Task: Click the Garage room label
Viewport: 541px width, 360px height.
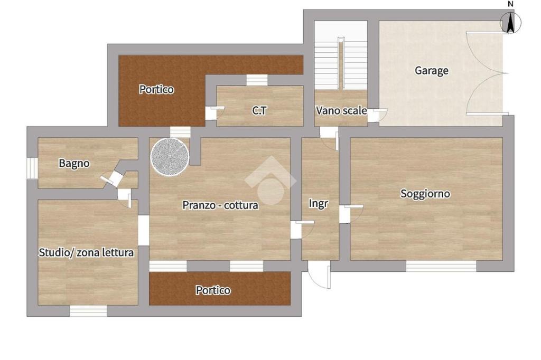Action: point(431,70)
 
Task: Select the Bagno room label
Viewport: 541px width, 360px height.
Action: point(74,163)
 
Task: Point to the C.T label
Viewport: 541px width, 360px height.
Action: point(259,110)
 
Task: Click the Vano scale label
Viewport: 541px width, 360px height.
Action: point(341,110)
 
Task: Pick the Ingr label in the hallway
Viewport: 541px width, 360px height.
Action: point(318,203)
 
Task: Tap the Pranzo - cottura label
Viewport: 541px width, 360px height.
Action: point(220,205)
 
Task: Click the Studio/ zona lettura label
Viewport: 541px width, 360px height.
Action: point(86,252)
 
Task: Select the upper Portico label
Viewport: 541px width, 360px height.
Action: point(156,89)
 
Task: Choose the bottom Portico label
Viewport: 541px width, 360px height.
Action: point(213,290)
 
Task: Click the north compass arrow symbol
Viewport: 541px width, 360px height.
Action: point(511,22)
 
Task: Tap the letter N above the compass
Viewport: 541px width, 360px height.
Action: point(511,4)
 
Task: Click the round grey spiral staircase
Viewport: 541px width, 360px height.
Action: point(170,157)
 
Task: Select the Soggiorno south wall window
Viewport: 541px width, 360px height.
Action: point(441,266)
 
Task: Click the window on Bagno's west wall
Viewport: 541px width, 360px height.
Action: point(32,168)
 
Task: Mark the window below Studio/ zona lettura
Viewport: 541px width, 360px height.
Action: point(88,311)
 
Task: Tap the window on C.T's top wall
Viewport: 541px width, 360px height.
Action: point(257,80)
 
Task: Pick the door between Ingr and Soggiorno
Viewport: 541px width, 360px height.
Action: point(351,214)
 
